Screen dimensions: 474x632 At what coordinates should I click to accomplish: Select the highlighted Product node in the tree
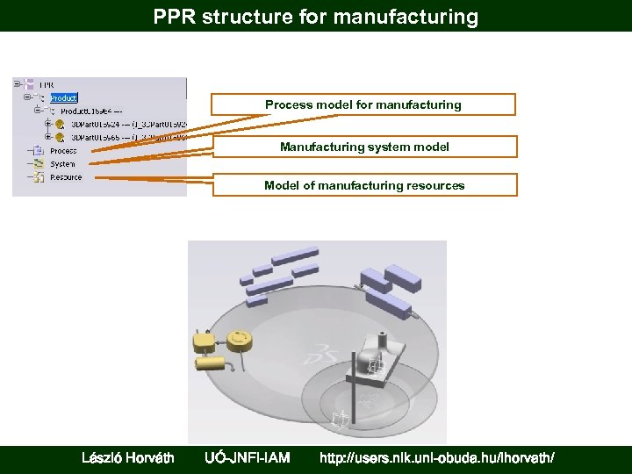tap(64, 98)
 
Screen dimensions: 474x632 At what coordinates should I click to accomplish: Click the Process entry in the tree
tap(63, 151)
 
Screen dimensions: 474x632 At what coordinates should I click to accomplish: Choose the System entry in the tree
tap(62, 164)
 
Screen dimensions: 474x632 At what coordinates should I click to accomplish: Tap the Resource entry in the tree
tap(66, 177)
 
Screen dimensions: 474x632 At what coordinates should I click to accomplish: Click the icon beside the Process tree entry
tap(39, 151)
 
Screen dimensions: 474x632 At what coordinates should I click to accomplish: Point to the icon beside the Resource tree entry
tap(39, 177)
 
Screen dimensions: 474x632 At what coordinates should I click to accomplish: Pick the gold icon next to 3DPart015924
tap(60, 125)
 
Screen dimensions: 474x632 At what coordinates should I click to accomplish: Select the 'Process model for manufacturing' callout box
tap(363, 105)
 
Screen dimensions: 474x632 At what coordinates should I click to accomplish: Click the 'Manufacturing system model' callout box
tap(364, 147)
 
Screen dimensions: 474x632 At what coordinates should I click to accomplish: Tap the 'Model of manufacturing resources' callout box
tap(364, 185)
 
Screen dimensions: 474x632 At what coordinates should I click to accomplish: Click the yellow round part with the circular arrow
tap(239, 338)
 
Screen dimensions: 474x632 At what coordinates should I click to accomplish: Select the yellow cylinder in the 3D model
tap(211, 361)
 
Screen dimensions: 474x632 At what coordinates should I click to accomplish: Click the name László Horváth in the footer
tap(127, 457)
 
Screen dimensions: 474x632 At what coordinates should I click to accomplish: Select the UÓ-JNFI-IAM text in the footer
tap(247, 457)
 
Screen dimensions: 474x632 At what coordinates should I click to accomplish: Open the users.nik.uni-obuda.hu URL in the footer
tap(437, 457)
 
